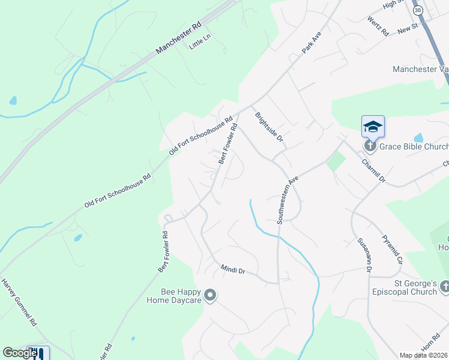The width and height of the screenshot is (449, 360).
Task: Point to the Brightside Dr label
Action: pyautogui.click(x=268, y=127)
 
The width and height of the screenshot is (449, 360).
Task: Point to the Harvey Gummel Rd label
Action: pyautogui.click(x=19, y=302)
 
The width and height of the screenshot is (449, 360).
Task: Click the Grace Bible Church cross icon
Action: pyautogui.click(x=371, y=146)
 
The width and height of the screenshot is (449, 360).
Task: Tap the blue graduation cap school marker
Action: pyautogui.click(x=373, y=127)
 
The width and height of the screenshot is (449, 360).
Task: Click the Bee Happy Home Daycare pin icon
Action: pyautogui.click(x=210, y=295)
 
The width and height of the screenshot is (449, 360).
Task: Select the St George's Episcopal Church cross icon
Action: pyautogui.click(x=445, y=286)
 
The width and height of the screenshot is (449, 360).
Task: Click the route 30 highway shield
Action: pyautogui.click(x=418, y=10)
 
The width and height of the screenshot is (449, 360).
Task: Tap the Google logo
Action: pyautogui.click(x=19, y=353)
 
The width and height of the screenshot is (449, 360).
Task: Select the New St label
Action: pyautogui.click(x=407, y=28)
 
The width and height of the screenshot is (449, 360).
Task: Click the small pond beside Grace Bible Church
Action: pyautogui.click(x=418, y=138)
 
